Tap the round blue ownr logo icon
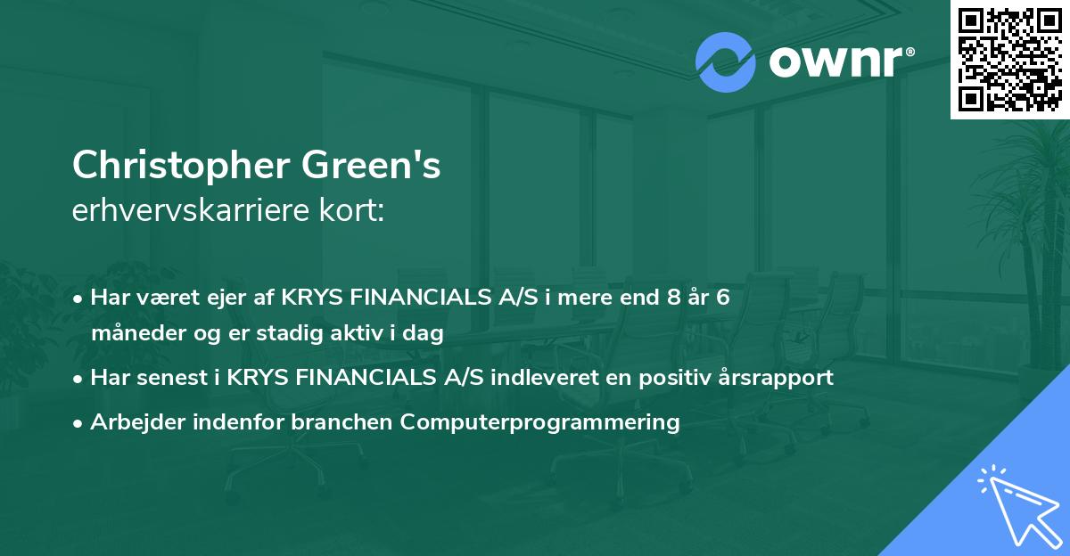(x=725, y=62)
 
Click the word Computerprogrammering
(x=540, y=421)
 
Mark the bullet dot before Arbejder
(x=78, y=422)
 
